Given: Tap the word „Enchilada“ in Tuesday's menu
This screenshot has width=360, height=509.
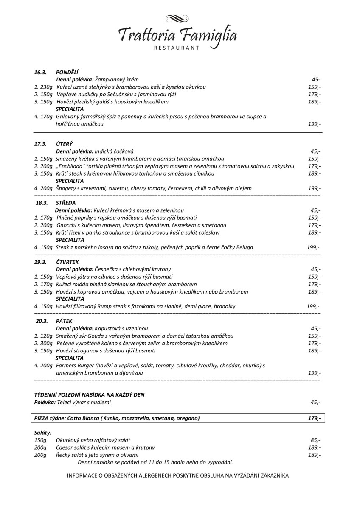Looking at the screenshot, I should (70, 166).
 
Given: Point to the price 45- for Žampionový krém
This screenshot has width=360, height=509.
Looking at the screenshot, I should (316, 80).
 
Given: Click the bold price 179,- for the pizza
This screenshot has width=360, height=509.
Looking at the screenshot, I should (314, 418).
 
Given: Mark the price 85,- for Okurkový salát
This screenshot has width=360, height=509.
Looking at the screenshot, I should (315, 440).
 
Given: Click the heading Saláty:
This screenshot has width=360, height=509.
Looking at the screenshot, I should (43, 433).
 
